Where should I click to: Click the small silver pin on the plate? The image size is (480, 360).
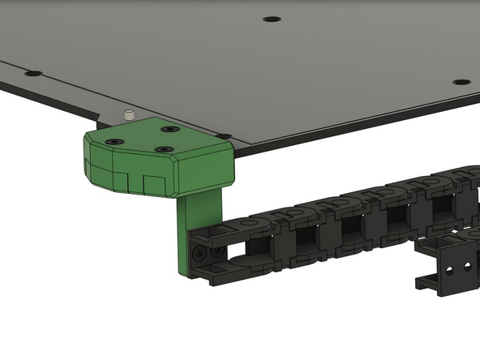coord(128,115)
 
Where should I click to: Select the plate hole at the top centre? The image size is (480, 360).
coord(272,19)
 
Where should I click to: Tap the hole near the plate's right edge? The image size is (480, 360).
coord(461,82)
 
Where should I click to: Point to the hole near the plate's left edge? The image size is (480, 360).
coord(33,74)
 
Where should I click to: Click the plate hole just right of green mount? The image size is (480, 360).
coord(225,136)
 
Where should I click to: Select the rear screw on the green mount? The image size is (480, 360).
coord(169,129)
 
